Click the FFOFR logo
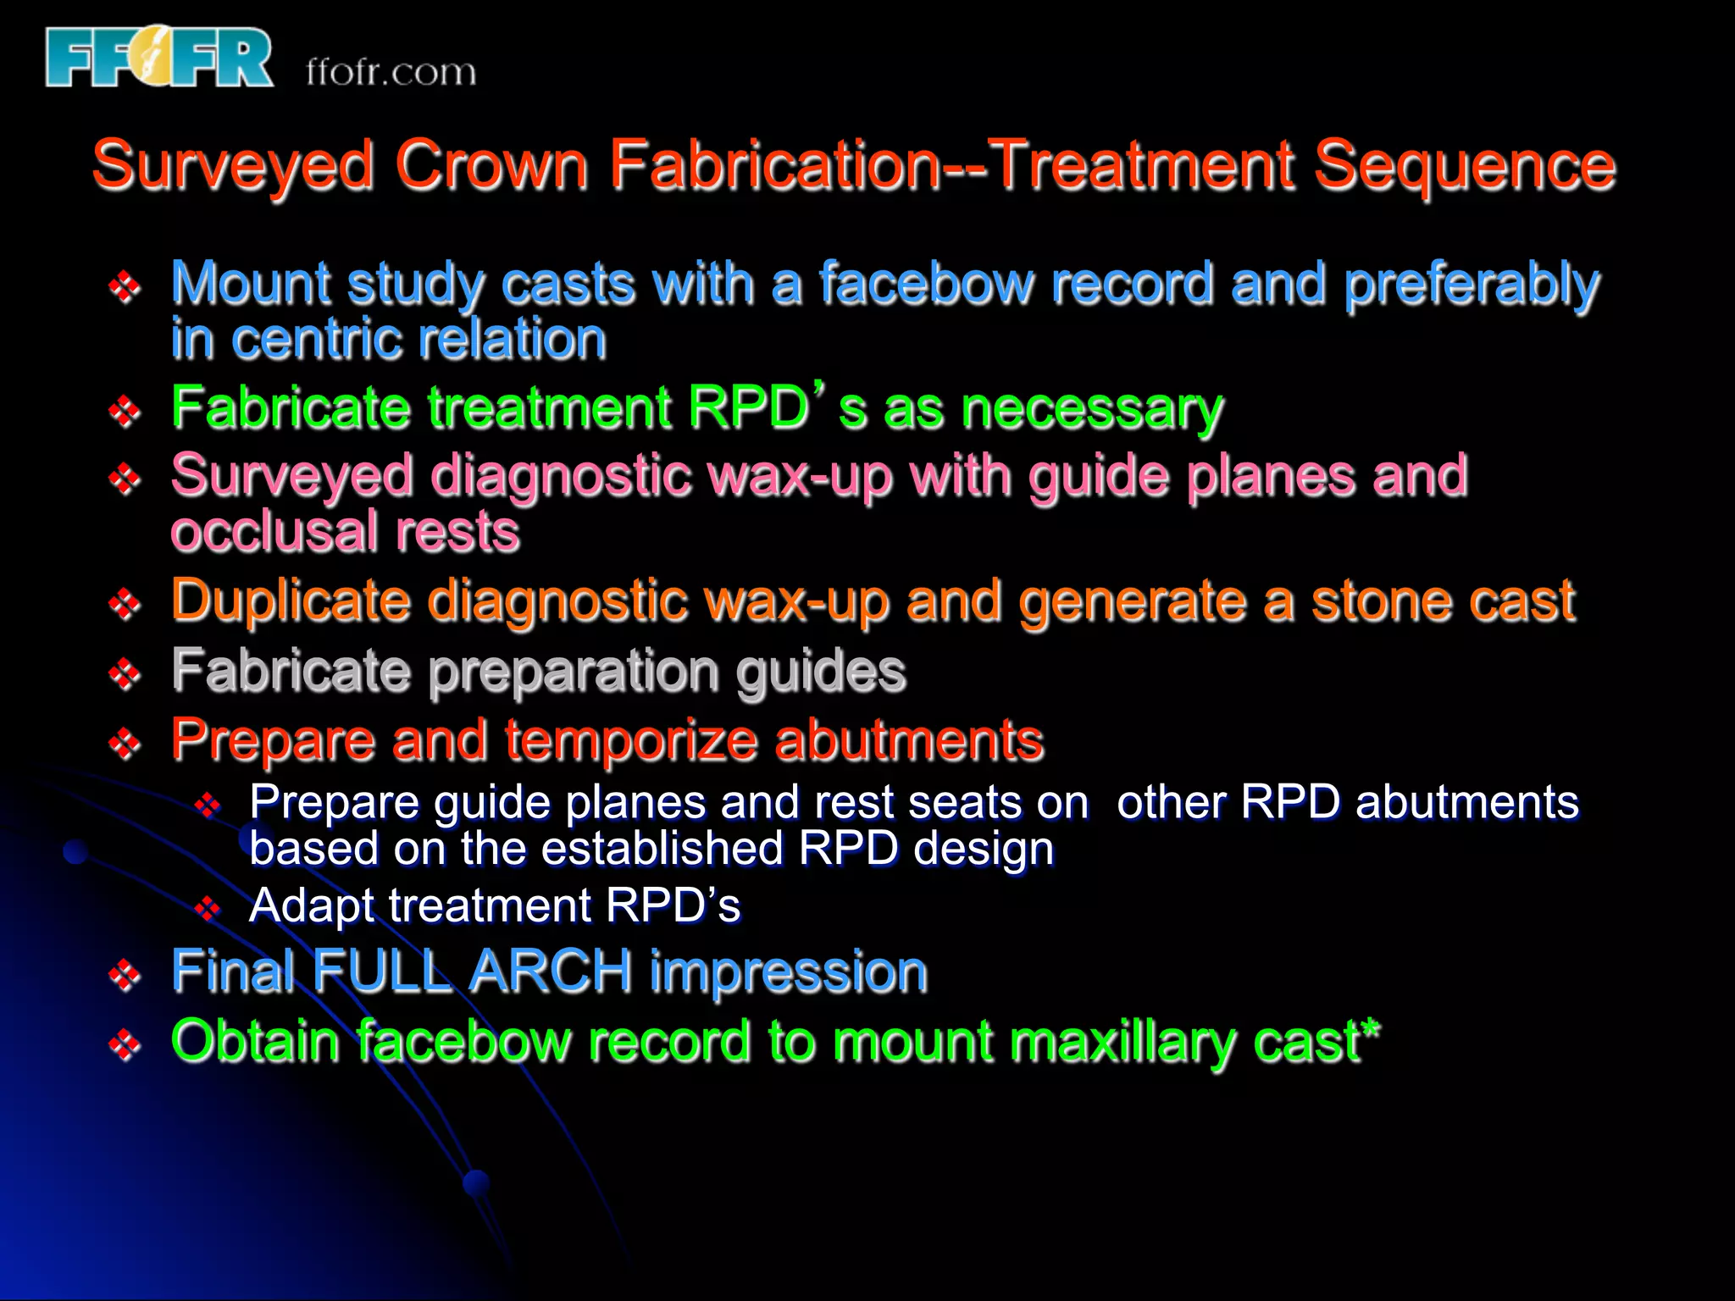coord(159,58)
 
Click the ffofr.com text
coord(391,72)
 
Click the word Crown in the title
coord(491,164)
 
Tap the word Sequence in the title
coord(1465,166)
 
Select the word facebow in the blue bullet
coord(926,284)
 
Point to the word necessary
coord(1093,410)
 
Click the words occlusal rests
coord(345,533)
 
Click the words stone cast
coord(1443,601)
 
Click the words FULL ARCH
coord(473,972)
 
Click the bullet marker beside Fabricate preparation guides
coord(125,674)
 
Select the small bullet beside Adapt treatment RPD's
coord(207,910)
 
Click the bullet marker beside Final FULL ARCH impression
coord(125,975)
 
